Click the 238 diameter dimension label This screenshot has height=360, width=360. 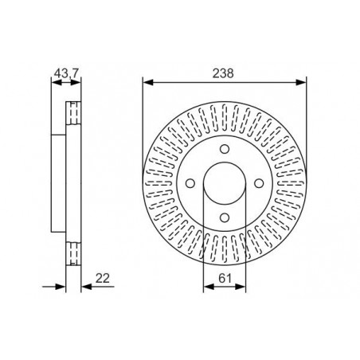223,73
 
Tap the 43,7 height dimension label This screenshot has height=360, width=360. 66,73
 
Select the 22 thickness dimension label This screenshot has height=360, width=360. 103,278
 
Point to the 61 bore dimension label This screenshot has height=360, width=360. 225,278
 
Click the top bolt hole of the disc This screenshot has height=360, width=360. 225,149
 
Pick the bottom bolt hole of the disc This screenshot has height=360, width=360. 225,217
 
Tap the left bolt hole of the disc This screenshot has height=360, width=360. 190,183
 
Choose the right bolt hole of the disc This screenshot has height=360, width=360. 259,183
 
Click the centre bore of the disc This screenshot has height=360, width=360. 225,183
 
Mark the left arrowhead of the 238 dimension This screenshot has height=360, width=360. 148,82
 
